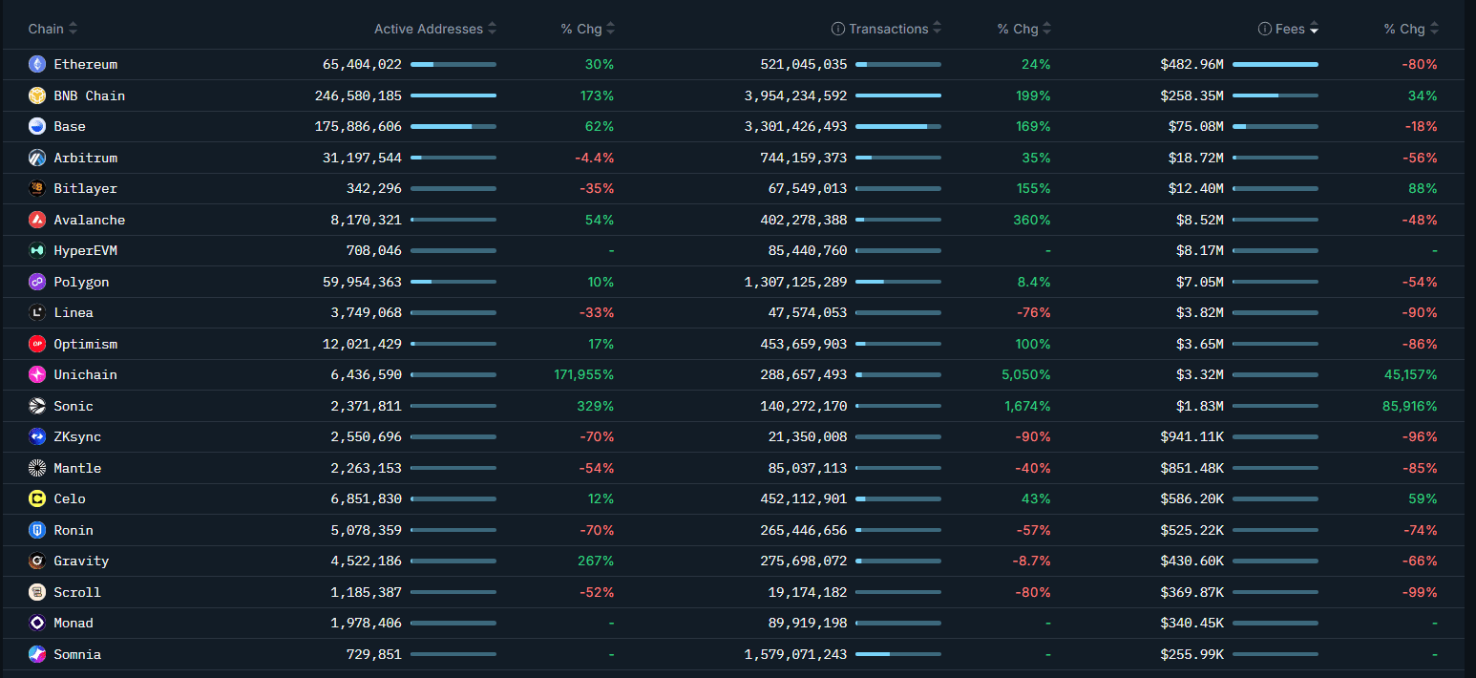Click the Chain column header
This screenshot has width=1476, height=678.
[46, 29]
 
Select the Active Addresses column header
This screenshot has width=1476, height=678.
[429, 29]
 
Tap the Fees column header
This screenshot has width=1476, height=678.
[1289, 29]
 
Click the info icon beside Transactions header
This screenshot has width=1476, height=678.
[838, 29]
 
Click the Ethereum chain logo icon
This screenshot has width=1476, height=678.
[37, 64]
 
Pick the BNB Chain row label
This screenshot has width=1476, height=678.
[89, 95]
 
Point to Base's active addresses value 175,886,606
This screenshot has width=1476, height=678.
[358, 126]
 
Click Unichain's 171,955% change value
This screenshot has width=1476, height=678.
[583, 374]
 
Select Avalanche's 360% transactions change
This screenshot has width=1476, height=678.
[1031, 220]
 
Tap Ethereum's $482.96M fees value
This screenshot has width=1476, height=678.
[1191, 64]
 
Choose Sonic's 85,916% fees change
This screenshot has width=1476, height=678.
[1409, 406]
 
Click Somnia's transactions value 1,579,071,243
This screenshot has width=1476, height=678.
[795, 654]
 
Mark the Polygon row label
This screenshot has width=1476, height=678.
[81, 282]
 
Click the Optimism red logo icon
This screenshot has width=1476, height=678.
[37, 344]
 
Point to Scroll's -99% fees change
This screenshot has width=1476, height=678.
[1420, 592]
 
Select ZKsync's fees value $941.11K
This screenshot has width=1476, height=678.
[1191, 436]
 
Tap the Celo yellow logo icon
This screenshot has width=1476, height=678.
[37, 498]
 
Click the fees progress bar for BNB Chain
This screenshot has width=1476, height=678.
[1275, 95]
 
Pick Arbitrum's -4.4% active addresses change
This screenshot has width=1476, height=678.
[594, 158]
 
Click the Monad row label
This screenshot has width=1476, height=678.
[74, 623]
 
